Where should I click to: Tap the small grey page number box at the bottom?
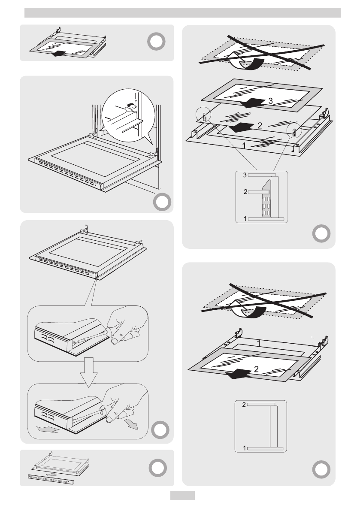pos(182,496)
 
